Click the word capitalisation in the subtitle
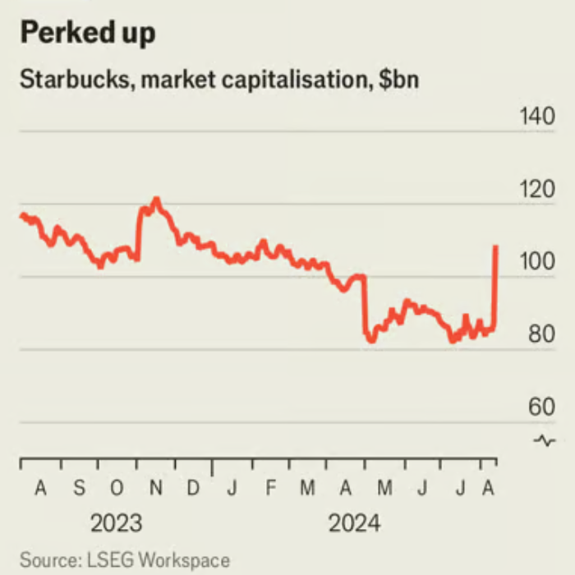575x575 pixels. click(292, 82)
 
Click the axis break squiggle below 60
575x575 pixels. click(544, 440)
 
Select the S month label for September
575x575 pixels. click(79, 489)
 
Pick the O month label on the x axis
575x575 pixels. click(117, 489)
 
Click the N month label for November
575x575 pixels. click(155, 489)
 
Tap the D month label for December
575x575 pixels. click(193, 489)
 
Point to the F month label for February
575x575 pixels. click(270, 489)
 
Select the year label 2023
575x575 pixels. click(116, 523)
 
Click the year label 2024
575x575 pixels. click(354, 523)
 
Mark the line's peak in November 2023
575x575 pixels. click(156, 199)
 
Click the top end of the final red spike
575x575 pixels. click(496, 246)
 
